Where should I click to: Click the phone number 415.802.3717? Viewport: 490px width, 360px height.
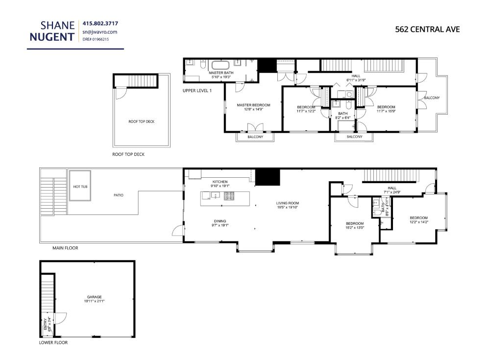pyautogui.click(x=100, y=24)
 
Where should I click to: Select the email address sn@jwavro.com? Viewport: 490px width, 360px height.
pyautogui.click(x=100, y=32)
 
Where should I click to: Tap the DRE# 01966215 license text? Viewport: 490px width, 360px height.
pyautogui.click(x=96, y=39)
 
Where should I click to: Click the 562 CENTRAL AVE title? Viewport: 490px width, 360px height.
pyautogui.click(x=427, y=29)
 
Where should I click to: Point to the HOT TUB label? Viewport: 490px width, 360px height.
pyautogui.click(x=80, y=187)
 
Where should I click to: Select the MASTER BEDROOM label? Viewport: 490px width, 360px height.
pyautogui.click(x=253, y=105)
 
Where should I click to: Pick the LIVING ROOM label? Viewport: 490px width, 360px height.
pyautogui.click(x=287, y=203)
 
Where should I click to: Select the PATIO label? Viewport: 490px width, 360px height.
pyautogui.click(x=119, y=195)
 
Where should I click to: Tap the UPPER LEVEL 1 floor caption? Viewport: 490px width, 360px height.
pyautogui.click(x=196, y=91)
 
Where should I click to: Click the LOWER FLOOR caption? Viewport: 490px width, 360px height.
pyautogui.click(x=53, y=342)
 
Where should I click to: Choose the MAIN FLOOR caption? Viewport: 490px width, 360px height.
pyautogui.click(x=65, y=248)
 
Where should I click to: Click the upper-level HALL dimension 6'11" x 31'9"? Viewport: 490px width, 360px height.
pyautogui.click(x=356, y=80)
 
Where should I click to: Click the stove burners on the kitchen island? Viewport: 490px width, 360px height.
pyautogui.click(x=229, y=196)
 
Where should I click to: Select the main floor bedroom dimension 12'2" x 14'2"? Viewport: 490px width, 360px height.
pyautogui.click(x=418, y=222)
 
